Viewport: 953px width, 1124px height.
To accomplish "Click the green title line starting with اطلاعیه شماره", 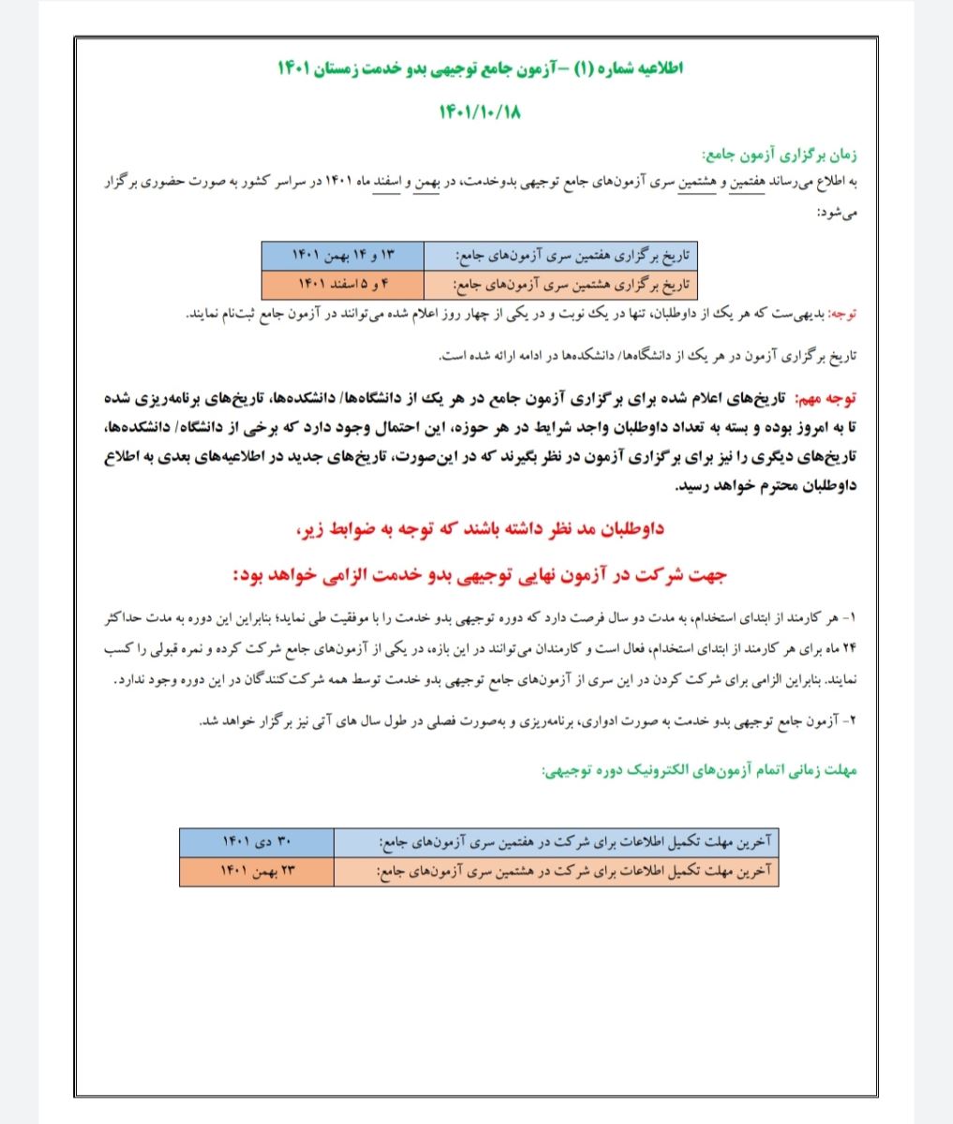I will click(x=481, y=68).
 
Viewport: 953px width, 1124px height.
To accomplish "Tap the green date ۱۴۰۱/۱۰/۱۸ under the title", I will click(x=480, y=112).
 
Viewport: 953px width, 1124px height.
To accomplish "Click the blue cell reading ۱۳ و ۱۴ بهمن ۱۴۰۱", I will click(x=343, y=255).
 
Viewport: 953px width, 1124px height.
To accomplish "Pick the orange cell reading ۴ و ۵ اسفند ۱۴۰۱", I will click(x=343, y=282).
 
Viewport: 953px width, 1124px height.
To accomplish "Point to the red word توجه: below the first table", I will click(x=841, y=315).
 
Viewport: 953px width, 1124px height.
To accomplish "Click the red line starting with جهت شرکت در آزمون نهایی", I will click(x=480, y=573).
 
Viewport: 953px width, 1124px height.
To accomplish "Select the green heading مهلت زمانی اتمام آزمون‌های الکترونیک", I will click(x=701, y=772).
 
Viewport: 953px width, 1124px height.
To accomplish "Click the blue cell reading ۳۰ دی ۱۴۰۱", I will click(x=257, y=842).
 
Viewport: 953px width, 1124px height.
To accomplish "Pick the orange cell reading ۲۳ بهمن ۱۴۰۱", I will click(x=257, y=871).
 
